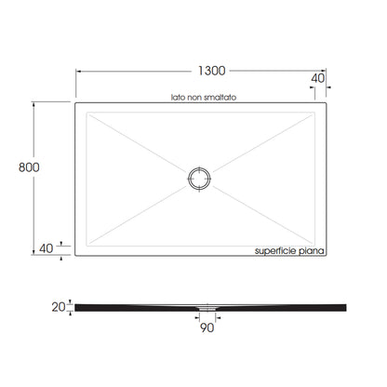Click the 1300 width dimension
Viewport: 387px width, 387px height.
click(x=212, y=71)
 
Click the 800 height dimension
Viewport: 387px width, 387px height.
click(x=29, y=167)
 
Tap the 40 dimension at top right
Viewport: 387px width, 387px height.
click(x=318, y=78)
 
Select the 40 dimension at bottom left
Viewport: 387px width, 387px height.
click(x=47, y=248)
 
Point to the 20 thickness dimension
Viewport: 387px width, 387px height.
click(x=59, y=307)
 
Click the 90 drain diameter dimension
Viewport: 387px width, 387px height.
click(x=207, y=327)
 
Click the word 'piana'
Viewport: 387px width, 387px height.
click(x=311, y=250)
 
